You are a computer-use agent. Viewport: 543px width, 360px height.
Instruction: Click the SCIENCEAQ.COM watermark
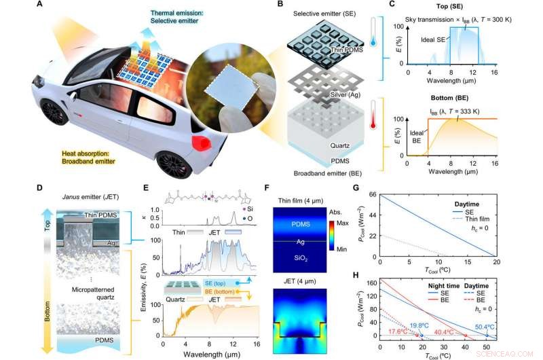click(512, 353)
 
